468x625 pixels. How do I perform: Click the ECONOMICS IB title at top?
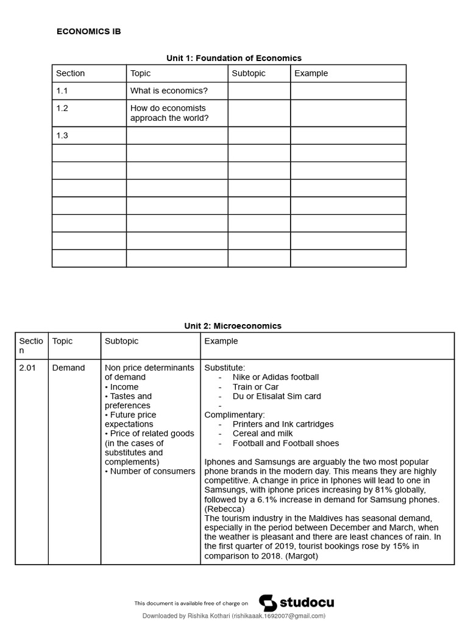click(88, 32)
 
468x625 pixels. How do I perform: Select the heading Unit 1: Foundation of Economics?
click(234, 58)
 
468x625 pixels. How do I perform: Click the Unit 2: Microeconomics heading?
click(233, 326)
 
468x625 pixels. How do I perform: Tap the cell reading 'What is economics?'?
click(169, 91)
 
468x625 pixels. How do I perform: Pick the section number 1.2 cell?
click(62, 108)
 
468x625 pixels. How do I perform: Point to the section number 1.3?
click(62, 135)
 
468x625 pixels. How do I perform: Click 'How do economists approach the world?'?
click(169, 113)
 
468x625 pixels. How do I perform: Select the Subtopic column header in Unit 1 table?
click(249, 73)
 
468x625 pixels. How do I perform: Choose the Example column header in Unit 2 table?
click(221, 341)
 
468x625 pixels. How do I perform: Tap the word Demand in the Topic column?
click(68, 368)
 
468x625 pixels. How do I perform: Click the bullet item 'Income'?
click(124, 387)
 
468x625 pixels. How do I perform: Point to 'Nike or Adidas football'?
click(275, 377)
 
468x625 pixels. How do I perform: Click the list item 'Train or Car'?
click(255, 387)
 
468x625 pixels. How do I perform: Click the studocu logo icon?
click(268, 603)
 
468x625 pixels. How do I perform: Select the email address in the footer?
click(278, 616)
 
